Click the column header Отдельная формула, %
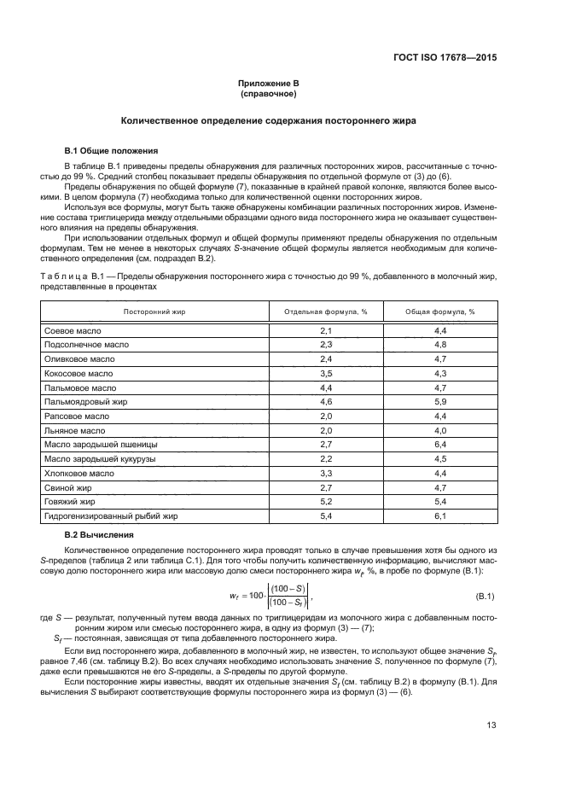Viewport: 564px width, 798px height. [x=325, y=312]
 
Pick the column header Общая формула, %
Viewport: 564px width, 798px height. [x=440, y=312]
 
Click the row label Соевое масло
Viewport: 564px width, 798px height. [x=71, y=329]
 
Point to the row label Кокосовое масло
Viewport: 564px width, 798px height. [x=78, y=373]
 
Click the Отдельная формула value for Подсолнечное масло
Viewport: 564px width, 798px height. [x=325, y=344]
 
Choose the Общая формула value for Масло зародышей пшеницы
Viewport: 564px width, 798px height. [x=440, y=445]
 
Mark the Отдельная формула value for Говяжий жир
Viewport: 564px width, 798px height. [x=325, y=502]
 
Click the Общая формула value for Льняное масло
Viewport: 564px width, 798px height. [x=440, y=430]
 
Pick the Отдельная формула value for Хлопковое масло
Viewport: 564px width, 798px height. [x=325, y=473]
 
